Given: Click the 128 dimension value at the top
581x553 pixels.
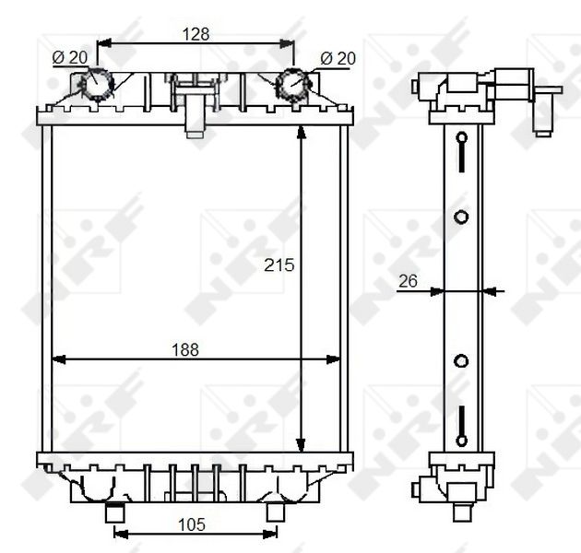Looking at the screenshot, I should (x=196, y=34).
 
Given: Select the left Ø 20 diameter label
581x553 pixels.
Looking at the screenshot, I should (x=70, y=57).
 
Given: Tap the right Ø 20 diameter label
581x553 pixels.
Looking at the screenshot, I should (x=338, y=58).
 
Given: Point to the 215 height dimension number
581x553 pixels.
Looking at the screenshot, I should (x=279, y=265).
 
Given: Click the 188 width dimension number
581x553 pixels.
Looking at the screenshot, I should (x=184, y=349).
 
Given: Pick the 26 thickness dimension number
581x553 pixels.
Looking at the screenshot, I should (x=409, y=281).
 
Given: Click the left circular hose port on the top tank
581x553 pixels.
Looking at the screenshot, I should (x=97, y=85).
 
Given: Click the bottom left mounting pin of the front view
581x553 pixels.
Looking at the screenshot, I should (x=116, y=512).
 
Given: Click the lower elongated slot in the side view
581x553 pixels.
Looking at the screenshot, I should (x=462, y=424).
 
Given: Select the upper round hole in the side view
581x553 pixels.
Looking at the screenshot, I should (x=462, y=218).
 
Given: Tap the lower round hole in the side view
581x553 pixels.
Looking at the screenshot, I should (x=462, y=359).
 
